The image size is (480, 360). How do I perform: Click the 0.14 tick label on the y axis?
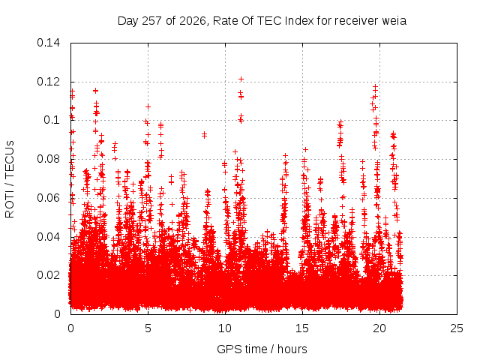48,43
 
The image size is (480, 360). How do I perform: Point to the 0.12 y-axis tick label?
48,82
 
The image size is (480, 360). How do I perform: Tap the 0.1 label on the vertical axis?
52,120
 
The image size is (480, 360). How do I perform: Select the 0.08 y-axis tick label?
48,159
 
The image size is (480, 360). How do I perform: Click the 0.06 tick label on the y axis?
48,198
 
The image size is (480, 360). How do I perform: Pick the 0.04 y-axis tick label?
48,237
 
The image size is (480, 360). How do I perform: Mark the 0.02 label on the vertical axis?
48,275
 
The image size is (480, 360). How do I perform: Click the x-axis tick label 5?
148,328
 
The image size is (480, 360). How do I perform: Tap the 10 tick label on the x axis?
225,328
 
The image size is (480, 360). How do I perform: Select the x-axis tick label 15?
302,328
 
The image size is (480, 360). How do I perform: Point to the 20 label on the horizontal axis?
379,328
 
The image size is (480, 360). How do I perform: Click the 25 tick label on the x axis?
457,328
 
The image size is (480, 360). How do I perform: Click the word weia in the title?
394,21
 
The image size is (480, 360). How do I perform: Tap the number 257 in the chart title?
152,21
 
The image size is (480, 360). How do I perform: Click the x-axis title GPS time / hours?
262,349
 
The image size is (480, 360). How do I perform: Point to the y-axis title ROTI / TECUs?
10,179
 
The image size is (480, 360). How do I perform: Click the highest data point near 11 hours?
241,79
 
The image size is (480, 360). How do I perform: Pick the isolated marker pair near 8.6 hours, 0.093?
204,135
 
